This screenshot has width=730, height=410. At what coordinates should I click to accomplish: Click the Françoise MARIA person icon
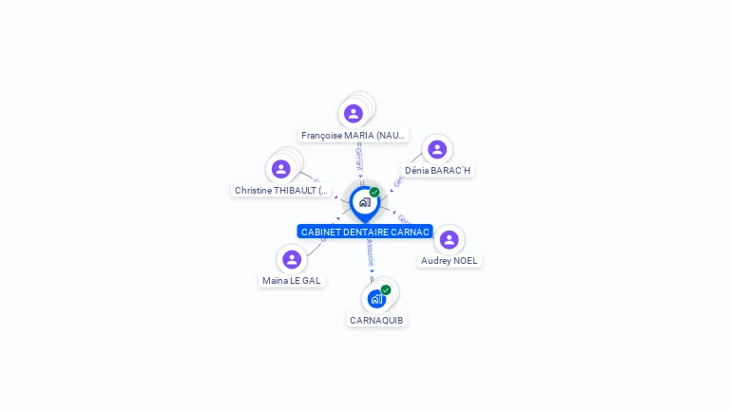pos(354,114)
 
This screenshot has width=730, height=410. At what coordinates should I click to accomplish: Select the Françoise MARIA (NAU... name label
pos(354,136)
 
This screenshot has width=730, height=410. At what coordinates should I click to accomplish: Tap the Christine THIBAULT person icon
pos(280,169)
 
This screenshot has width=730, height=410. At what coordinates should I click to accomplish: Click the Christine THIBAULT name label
pos(282,191)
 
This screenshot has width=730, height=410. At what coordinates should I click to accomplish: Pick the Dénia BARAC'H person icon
pos(437,149)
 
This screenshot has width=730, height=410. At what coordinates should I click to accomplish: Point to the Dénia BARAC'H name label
pos(437,171)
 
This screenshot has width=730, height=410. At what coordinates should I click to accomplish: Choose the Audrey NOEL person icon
pos(450,239)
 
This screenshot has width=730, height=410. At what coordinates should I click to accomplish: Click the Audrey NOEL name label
pos(450,261)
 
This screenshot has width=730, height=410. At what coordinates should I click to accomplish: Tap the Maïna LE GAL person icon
pos(292,259)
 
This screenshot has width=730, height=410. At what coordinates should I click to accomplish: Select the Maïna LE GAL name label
pos(292,281)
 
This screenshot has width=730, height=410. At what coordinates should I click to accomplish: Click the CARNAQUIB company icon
pos(376,300)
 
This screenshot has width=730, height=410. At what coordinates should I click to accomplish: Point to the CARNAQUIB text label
pos(376,321)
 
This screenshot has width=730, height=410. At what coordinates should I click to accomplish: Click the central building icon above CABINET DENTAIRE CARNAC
pos(364,202)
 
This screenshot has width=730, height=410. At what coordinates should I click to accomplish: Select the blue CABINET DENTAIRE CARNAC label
pos(365,232)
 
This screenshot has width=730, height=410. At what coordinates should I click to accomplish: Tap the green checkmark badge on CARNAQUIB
pos(386,289)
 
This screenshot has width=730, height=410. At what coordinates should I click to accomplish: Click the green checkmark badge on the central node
pos(375,192)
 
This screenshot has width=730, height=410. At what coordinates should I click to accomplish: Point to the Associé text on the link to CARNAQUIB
pos(370,252)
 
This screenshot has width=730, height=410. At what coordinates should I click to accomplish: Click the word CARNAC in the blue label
pos(411,232)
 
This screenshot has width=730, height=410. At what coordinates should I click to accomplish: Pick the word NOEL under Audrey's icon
pos(465,261)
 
